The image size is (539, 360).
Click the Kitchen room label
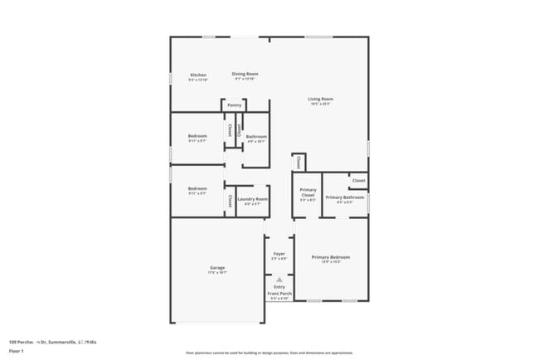click(x=197, y=75)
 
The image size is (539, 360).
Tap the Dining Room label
click(x=245, y=74)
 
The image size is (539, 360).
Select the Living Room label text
click(x=321, y=99)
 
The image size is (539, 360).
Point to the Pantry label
click(x=235, y=105)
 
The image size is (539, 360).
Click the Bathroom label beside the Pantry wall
click(x=256, y=136)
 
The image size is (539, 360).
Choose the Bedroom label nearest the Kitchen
click(x=197, y=136)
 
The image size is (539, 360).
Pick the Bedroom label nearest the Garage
click(x=197, y=187)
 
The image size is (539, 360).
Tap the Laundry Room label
click(x=252, y=199)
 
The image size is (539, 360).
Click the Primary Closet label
click(x=308, y=192)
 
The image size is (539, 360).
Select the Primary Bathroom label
click(x=345, y=197)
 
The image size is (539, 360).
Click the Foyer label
click(x=279, y=255)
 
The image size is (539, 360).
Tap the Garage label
click(x=217, y=267)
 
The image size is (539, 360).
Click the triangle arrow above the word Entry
click(x=279, y=280)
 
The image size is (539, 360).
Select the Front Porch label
click(x=279, y=294)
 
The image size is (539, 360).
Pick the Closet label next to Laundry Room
click(x=230, y=200)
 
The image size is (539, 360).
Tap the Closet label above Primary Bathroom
click(x=358, y=180)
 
